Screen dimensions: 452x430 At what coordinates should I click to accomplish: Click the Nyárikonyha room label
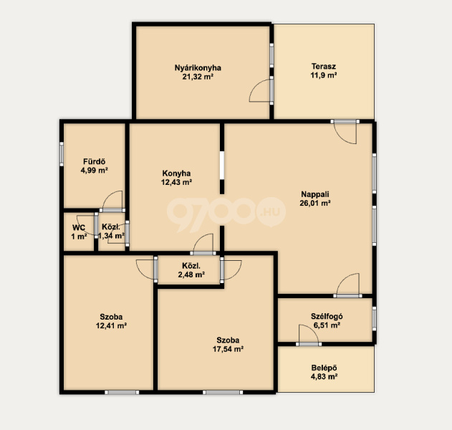click(x=198, y=68)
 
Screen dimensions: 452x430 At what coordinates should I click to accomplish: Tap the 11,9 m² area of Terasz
click(x=324, y=75)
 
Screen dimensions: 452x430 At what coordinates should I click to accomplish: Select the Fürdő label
click(x=95, y=161)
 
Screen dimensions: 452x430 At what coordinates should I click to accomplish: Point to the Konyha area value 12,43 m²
click(x=176, y=182)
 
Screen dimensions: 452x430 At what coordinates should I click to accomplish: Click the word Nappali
click(x=315, y=194)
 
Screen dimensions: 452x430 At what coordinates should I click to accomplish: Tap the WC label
click(x=79, y=228)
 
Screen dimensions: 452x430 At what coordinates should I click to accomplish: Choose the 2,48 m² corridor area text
click(x=191, y=274)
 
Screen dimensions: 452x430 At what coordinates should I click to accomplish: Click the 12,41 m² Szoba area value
click(x=111, y=326)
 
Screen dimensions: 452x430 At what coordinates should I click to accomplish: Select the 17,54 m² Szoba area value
click(x=228, y=349)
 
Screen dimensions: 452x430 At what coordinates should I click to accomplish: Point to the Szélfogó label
click(x=327, y=316)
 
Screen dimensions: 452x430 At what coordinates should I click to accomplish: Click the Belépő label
click(x=324, y=368)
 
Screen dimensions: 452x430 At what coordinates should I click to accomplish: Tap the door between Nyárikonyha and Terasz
click(x=261, y=90)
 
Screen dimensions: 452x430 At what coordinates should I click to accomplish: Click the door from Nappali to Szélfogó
click(x=347, y=285)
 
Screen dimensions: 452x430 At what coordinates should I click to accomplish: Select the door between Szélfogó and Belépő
click(x=309, y=335)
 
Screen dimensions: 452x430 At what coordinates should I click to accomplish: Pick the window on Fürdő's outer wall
click(x=62, y=154)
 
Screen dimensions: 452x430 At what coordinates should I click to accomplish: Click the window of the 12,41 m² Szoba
click(x=122, y=392)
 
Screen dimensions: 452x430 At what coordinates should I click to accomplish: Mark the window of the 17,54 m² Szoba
click(x=223, y=392)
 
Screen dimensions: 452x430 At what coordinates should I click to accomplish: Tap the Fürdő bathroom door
click(x=112, y=201)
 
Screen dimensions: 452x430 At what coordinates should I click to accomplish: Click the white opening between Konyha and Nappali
click(x=222, y=166)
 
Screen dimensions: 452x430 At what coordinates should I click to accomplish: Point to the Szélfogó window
click(x=374, y=319)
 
